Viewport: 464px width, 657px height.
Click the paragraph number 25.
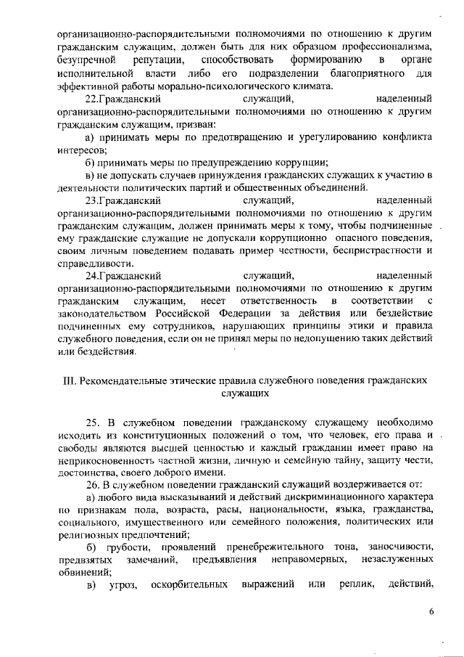(x=93, y=422)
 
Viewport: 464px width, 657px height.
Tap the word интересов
(x=80, y=150)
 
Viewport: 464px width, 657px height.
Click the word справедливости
(x=95, y=263)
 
